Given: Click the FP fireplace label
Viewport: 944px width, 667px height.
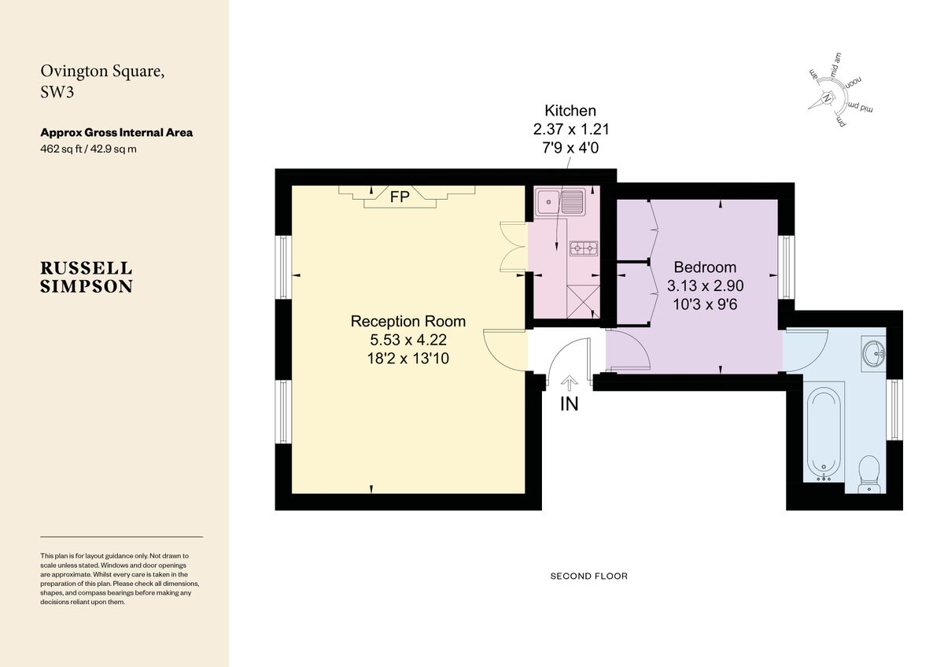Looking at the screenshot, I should pos(400,197).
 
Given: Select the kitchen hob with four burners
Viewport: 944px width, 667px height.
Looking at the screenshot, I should pos(583,249).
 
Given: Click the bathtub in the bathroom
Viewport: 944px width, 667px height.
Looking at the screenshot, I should pos(824,432).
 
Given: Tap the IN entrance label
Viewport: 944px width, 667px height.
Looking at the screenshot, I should pos(569,405).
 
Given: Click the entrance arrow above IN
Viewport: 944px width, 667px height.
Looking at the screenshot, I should pos(569,383).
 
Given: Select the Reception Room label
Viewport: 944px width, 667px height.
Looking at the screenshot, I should pos(407,321).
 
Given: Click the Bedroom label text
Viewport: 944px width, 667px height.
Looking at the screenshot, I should pos(705,267).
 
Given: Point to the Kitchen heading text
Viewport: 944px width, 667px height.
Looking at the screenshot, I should pos(570,111).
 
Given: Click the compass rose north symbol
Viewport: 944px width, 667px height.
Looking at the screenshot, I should pos(828,98).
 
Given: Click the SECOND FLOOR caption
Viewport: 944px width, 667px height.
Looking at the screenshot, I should pos(588,577).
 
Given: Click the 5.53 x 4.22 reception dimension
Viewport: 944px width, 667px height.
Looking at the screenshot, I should pos(407,340).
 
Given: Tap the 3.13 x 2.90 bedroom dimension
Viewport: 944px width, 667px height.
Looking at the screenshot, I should pos(705,286).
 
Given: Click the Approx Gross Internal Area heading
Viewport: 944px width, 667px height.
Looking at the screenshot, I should pos(116,133).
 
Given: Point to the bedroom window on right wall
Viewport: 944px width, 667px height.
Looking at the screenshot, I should pos(784,267).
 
